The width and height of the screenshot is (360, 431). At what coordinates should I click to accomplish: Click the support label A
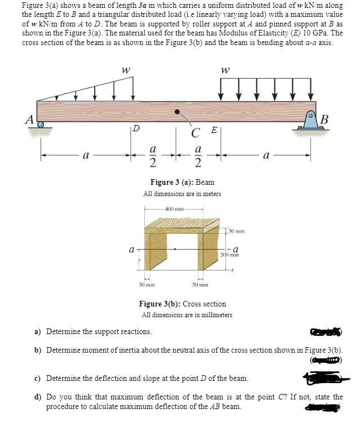pos(27,118)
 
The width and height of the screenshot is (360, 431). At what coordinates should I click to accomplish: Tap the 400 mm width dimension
pos(173,209)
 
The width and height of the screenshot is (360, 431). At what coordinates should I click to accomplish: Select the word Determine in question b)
pos(64,350)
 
